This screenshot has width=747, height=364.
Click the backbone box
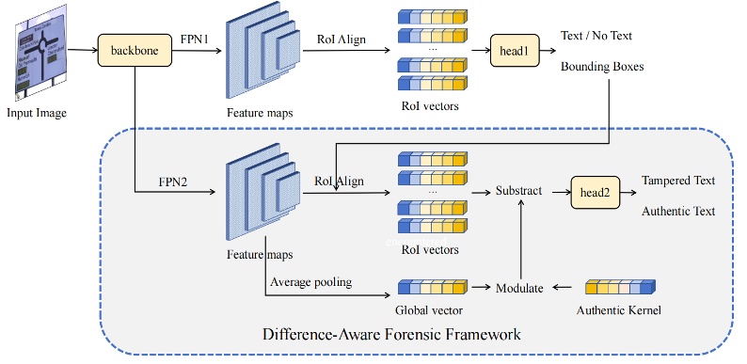coord(134,47)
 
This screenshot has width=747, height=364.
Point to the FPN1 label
coord(196,37)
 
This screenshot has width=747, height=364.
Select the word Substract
coord(519,191)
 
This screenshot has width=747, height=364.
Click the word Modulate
coord(519,288)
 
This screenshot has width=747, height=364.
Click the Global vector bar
coord(432,287)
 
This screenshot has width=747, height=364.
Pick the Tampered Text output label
coord(677,181)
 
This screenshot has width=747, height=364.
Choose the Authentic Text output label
coord(678,212)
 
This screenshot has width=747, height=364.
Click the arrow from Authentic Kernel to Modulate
coord(565,287)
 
